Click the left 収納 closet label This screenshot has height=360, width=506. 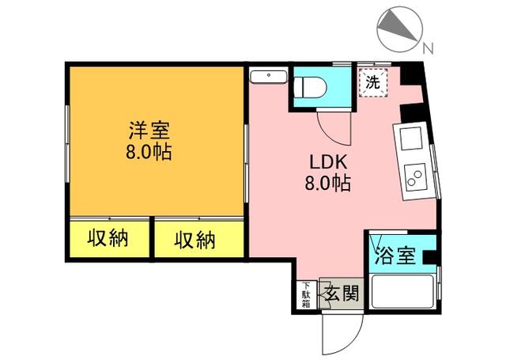tap(108, 237)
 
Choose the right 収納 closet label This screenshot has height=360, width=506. tap(194, 237)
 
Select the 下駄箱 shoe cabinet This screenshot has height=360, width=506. tap(306, 294)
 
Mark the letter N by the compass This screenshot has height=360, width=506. tap(428, 48)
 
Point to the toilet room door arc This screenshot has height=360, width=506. tap(330, 124)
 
